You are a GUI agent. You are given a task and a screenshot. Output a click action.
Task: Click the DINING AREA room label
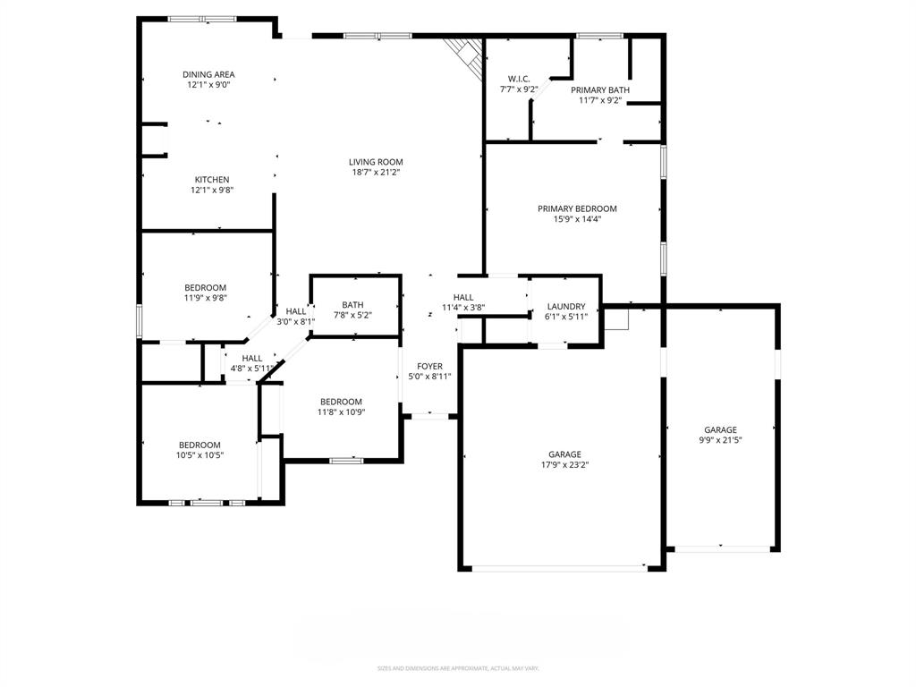209,74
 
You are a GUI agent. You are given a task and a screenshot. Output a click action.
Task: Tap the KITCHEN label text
212,180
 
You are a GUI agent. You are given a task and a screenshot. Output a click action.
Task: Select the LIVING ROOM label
376,162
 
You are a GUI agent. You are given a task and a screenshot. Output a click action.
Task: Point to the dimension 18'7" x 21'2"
376,173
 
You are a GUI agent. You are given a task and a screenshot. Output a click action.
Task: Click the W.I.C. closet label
519,79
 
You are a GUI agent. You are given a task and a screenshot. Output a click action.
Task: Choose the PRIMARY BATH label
600,89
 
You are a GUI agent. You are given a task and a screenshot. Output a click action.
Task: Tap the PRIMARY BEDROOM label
577,208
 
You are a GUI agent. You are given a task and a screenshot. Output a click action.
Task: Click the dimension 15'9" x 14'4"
577,219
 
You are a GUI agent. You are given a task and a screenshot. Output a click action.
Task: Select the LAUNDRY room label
566,306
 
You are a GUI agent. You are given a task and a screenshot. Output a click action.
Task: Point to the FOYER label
429,366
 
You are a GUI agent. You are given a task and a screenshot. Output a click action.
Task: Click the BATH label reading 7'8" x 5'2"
352,304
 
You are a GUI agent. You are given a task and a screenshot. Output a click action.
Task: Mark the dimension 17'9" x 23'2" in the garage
565,464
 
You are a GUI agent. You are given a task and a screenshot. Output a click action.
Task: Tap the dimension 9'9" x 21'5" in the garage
720,440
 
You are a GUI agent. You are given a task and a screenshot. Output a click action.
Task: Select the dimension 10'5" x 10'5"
199,455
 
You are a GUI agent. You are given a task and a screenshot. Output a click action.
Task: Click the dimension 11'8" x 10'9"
342,412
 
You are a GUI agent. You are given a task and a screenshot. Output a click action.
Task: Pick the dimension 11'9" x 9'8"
206,298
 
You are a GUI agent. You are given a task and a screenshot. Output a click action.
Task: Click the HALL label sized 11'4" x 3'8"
463,297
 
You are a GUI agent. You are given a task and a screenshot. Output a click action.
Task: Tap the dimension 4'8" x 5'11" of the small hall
252,368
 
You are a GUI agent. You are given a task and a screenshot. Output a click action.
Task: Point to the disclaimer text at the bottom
458,668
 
